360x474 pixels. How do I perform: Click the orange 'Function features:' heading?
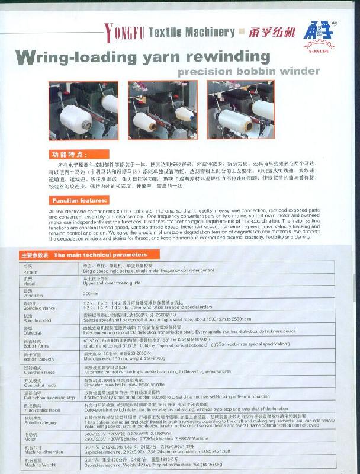(79, 200)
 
